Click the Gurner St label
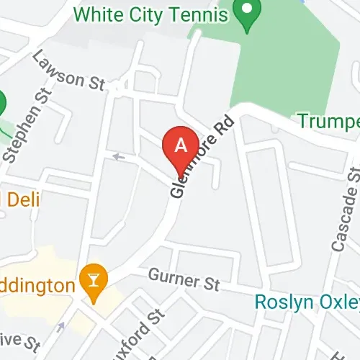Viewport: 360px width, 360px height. tap(184, 279)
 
